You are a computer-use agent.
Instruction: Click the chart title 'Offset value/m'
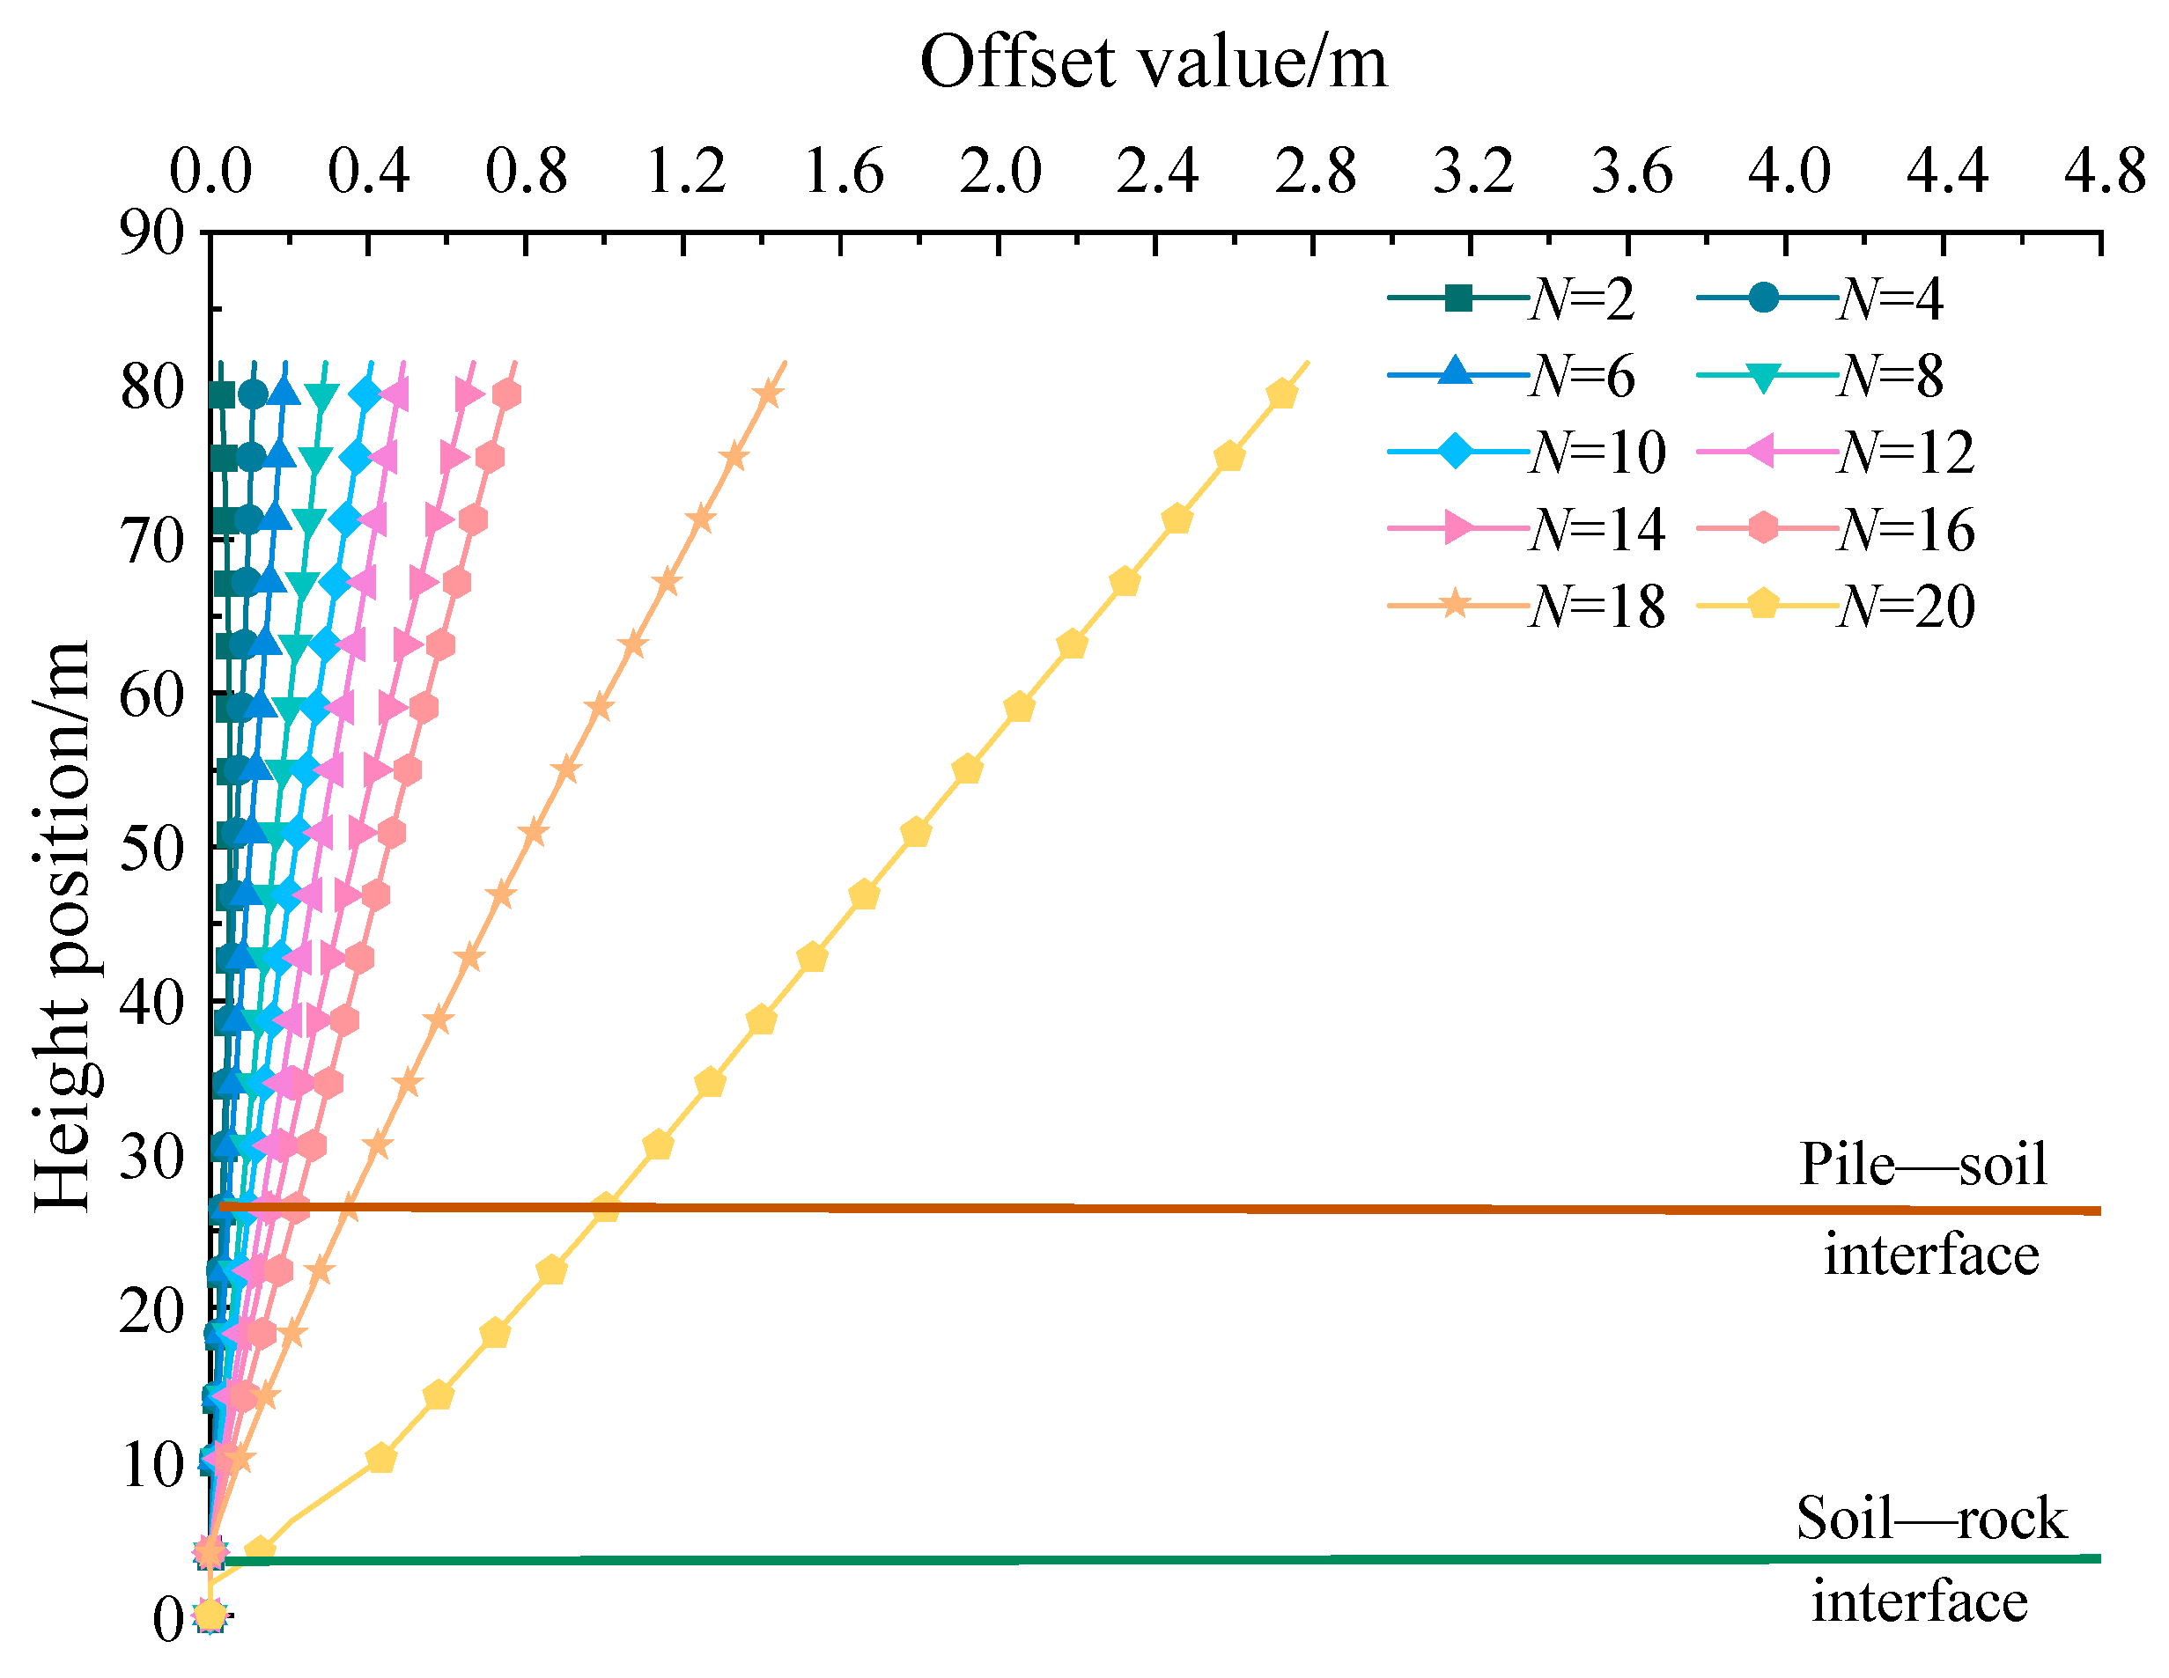1153,63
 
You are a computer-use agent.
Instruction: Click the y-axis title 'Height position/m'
62,926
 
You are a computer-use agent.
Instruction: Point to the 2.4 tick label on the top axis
1157,171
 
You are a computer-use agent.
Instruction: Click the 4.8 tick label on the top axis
2104,171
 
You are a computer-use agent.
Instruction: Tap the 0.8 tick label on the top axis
526,171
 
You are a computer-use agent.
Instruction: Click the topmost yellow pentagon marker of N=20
1282,394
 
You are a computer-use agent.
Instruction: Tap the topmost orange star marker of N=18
768,394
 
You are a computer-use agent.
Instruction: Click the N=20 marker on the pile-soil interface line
605,1209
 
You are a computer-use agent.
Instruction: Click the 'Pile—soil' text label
1922,1164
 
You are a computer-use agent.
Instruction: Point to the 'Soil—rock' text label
1930,1518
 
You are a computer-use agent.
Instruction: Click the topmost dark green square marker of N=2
223,394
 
